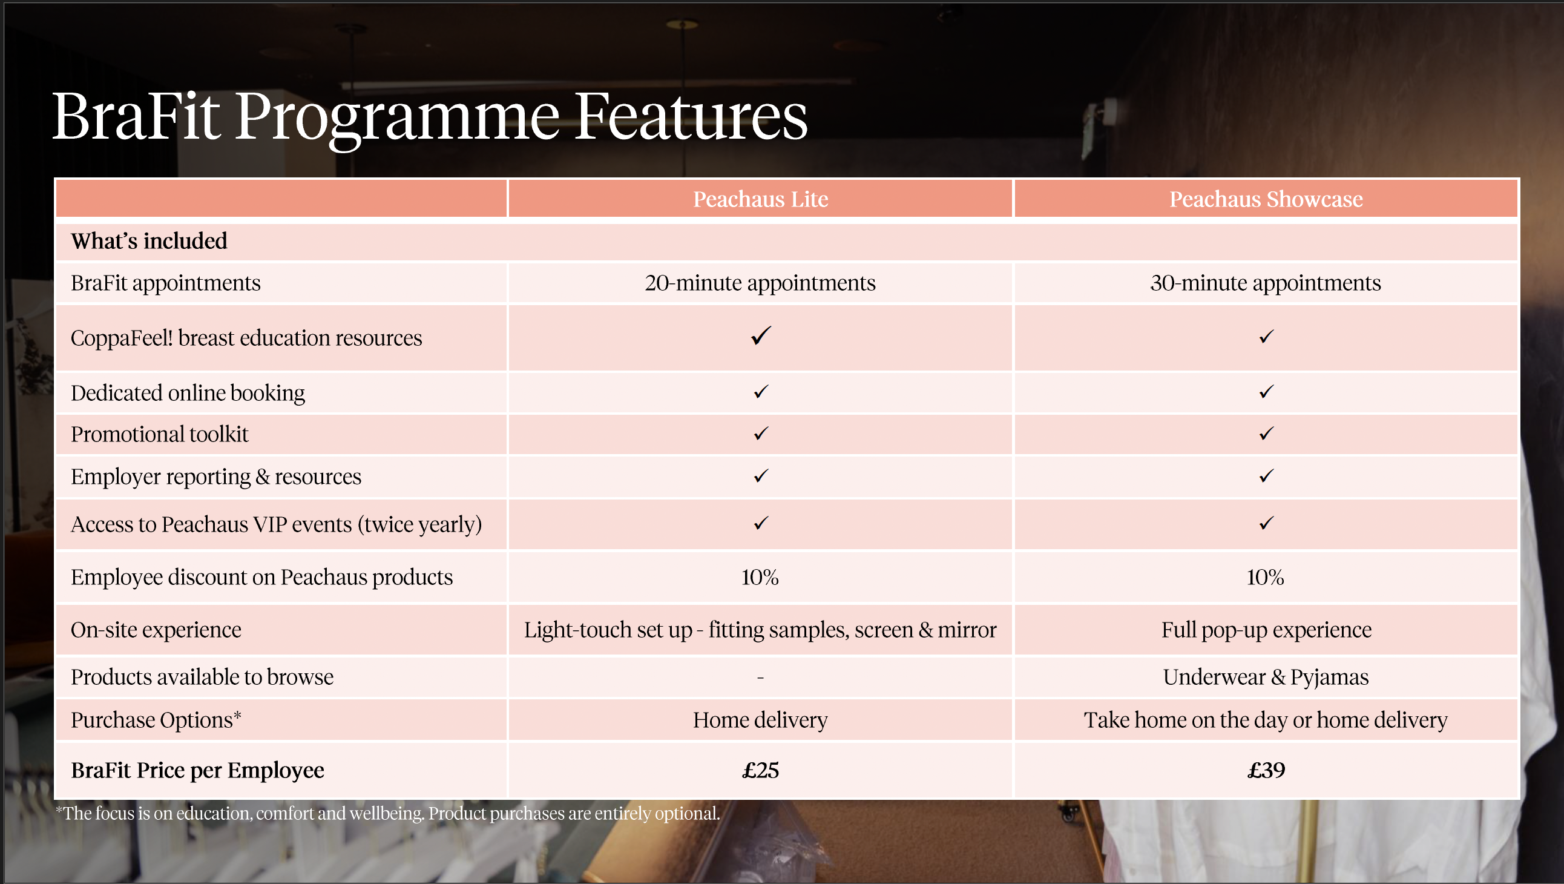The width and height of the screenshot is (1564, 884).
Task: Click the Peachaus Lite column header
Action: (x=760, y=199)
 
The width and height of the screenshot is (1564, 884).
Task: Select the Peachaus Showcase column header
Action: (x=1266, y=199)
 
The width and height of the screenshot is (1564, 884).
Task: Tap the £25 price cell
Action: (x=760, y=770)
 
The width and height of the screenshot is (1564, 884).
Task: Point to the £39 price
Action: (x=1266, y=770)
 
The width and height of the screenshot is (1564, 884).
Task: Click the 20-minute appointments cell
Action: (x=760, y=283)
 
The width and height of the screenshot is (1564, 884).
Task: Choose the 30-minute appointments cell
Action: (x=1266, y=283)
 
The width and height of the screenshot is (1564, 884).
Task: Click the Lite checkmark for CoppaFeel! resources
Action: (x=761, y=335)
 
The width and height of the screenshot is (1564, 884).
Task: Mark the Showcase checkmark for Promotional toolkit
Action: (x=1266, y=433)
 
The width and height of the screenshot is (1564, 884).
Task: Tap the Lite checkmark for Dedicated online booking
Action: (x=761, y=392)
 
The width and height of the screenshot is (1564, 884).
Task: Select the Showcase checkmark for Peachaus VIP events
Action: (x=1266, y=523)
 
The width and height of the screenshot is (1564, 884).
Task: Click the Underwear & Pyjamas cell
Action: (x=1266, y=677)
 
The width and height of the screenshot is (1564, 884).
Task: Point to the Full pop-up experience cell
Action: (x=1266, y=630)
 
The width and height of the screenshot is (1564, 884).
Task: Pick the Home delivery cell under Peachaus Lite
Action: (x=760, y=720)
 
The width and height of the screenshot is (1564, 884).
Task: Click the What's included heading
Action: (x=149, y=240)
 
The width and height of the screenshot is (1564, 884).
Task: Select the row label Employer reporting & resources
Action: (x=215, y=477)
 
